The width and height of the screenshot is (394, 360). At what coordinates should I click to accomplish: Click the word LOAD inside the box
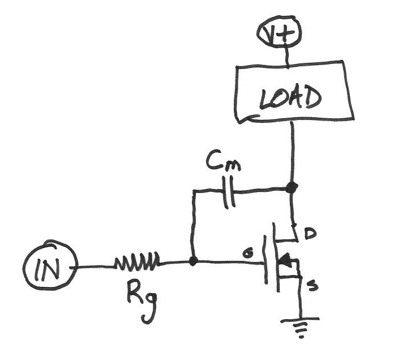tap(290, 98)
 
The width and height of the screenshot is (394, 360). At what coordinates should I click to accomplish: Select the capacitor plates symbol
tap(229, 192)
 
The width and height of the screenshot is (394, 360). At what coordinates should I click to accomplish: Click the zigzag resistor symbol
tap(137, 263)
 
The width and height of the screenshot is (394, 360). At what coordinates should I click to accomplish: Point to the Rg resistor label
tap(142, 304)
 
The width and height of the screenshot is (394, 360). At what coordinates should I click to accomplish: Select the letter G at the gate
tap(248, 254)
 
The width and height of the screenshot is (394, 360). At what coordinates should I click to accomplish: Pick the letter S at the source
tap(312, 286)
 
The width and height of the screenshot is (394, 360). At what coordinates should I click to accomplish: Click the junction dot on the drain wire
tap(292, 187)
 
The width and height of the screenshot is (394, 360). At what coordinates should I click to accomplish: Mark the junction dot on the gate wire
tap(193, 262)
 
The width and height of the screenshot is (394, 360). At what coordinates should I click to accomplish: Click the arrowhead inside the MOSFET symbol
tap(285, 260)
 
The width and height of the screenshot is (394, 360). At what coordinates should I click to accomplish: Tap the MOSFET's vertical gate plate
tap(265, 259)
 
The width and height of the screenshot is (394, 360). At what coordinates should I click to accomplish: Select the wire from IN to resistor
tap(96, 267)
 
